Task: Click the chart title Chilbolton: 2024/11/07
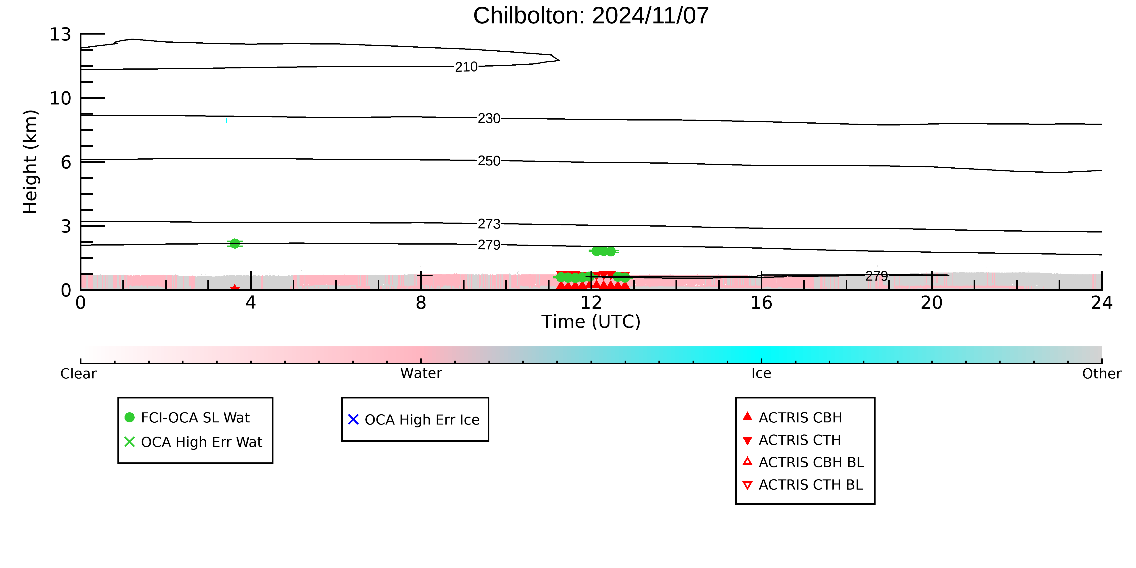click(x=591, y=16)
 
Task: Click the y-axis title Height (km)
click(x=31, y=162)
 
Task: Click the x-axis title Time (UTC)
click(x=591, y=322)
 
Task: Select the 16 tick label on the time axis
click(x=762, y=303)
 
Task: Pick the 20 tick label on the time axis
click(x=932, y=303)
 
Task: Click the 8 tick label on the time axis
click(x=421, y=303)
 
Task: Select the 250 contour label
click(x=489, y=161)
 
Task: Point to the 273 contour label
click(x=489, y=224)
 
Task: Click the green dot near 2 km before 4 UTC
click(x=235, y=243)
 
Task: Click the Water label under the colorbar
click(x=421, y=374)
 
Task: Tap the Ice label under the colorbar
click(x=762, y=374)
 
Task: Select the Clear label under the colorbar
click(x=79, y=374)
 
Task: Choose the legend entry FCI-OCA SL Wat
click(x=195, y=418)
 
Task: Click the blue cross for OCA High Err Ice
click(x=353, y=419)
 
